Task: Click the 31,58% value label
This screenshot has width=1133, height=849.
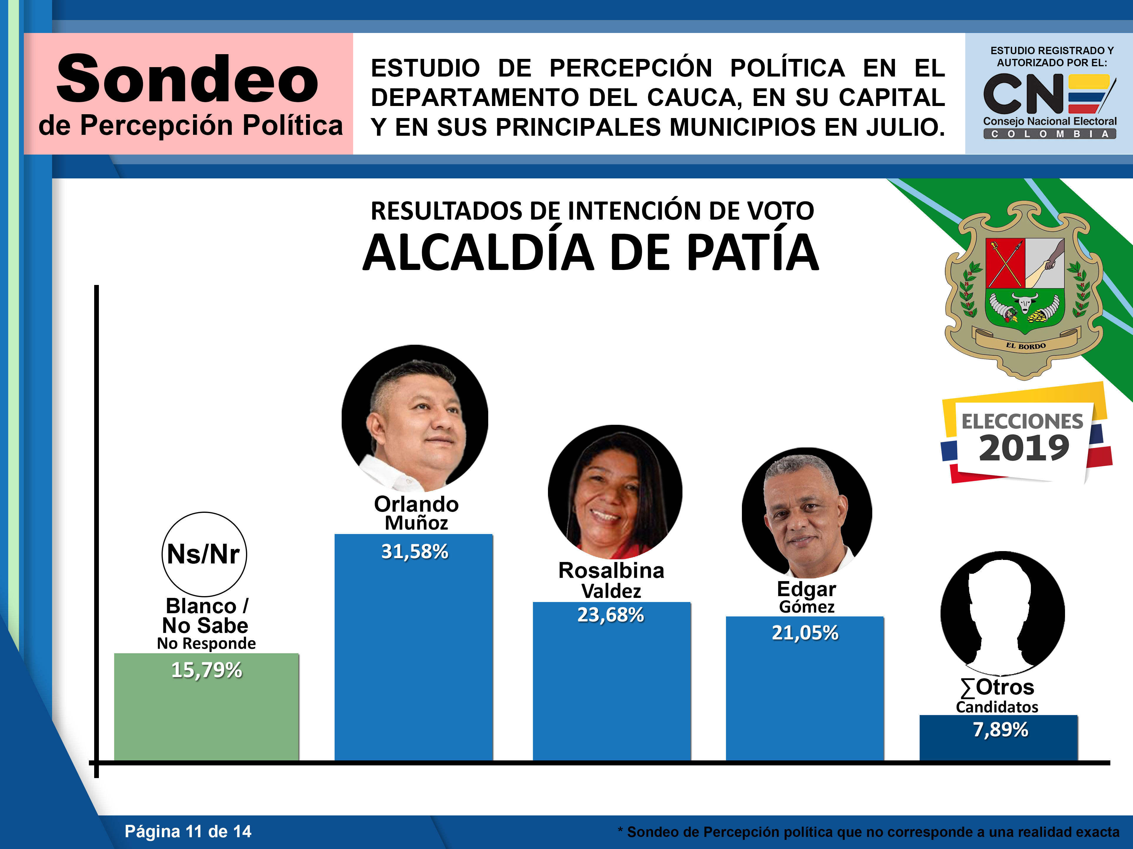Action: (414, 552)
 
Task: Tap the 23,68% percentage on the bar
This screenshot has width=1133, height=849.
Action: (611, 615)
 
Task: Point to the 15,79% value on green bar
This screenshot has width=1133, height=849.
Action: (206, 670)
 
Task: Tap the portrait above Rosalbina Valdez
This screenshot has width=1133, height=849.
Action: (615, 492)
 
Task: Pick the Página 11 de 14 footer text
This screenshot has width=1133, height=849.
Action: (188, 831)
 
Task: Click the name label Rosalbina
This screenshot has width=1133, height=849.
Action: (611, 570)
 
